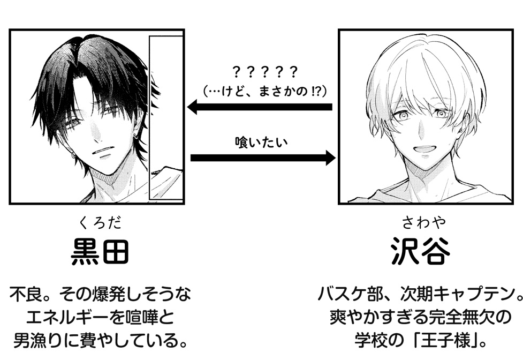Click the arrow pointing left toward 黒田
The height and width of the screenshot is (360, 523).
260,108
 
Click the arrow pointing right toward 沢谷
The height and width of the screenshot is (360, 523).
262,158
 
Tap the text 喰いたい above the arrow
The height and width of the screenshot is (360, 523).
262,142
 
